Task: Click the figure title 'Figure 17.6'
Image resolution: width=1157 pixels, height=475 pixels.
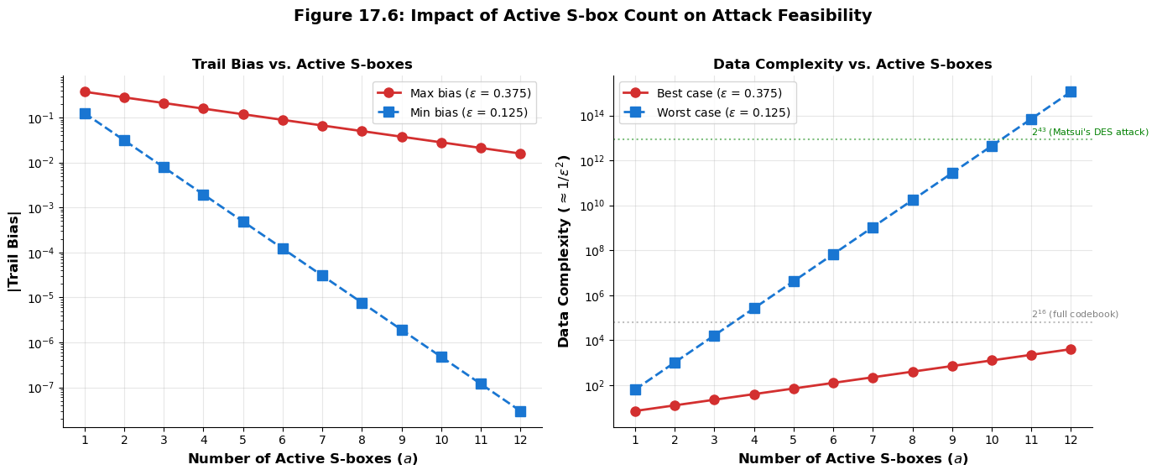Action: tap(582, 16)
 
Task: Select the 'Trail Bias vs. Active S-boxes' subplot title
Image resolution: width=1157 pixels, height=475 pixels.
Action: tap(302, 65)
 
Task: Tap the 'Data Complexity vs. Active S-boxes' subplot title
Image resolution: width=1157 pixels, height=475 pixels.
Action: tap(852, 65)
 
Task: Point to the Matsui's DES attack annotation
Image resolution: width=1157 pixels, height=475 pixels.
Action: tap(1090, 132)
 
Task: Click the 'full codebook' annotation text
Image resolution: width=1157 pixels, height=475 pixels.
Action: tap(1075, 314)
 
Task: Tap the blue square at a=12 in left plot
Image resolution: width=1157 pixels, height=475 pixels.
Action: tap(520, 411)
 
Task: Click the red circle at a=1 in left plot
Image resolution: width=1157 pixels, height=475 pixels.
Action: tap(85, 91)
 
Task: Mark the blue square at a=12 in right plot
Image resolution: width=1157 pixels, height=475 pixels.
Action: tap(1071, 91)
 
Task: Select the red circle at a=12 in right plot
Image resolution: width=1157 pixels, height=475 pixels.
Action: tap(1071, 349)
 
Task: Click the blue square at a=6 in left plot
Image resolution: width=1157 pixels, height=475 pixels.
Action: tap(283, 248)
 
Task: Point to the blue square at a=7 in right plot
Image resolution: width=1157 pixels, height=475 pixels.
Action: tap(873, 227)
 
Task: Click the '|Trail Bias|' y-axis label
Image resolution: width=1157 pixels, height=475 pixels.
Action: tap(13, 251)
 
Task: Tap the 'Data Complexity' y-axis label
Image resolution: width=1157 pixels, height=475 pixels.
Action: tap(564, 251)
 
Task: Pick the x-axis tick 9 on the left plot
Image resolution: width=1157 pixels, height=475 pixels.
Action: tap(401, 439)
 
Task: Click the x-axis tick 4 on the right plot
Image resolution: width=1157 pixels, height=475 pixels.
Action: tap(753, 439)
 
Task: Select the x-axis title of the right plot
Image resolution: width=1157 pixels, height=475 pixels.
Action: tap(852, 459)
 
